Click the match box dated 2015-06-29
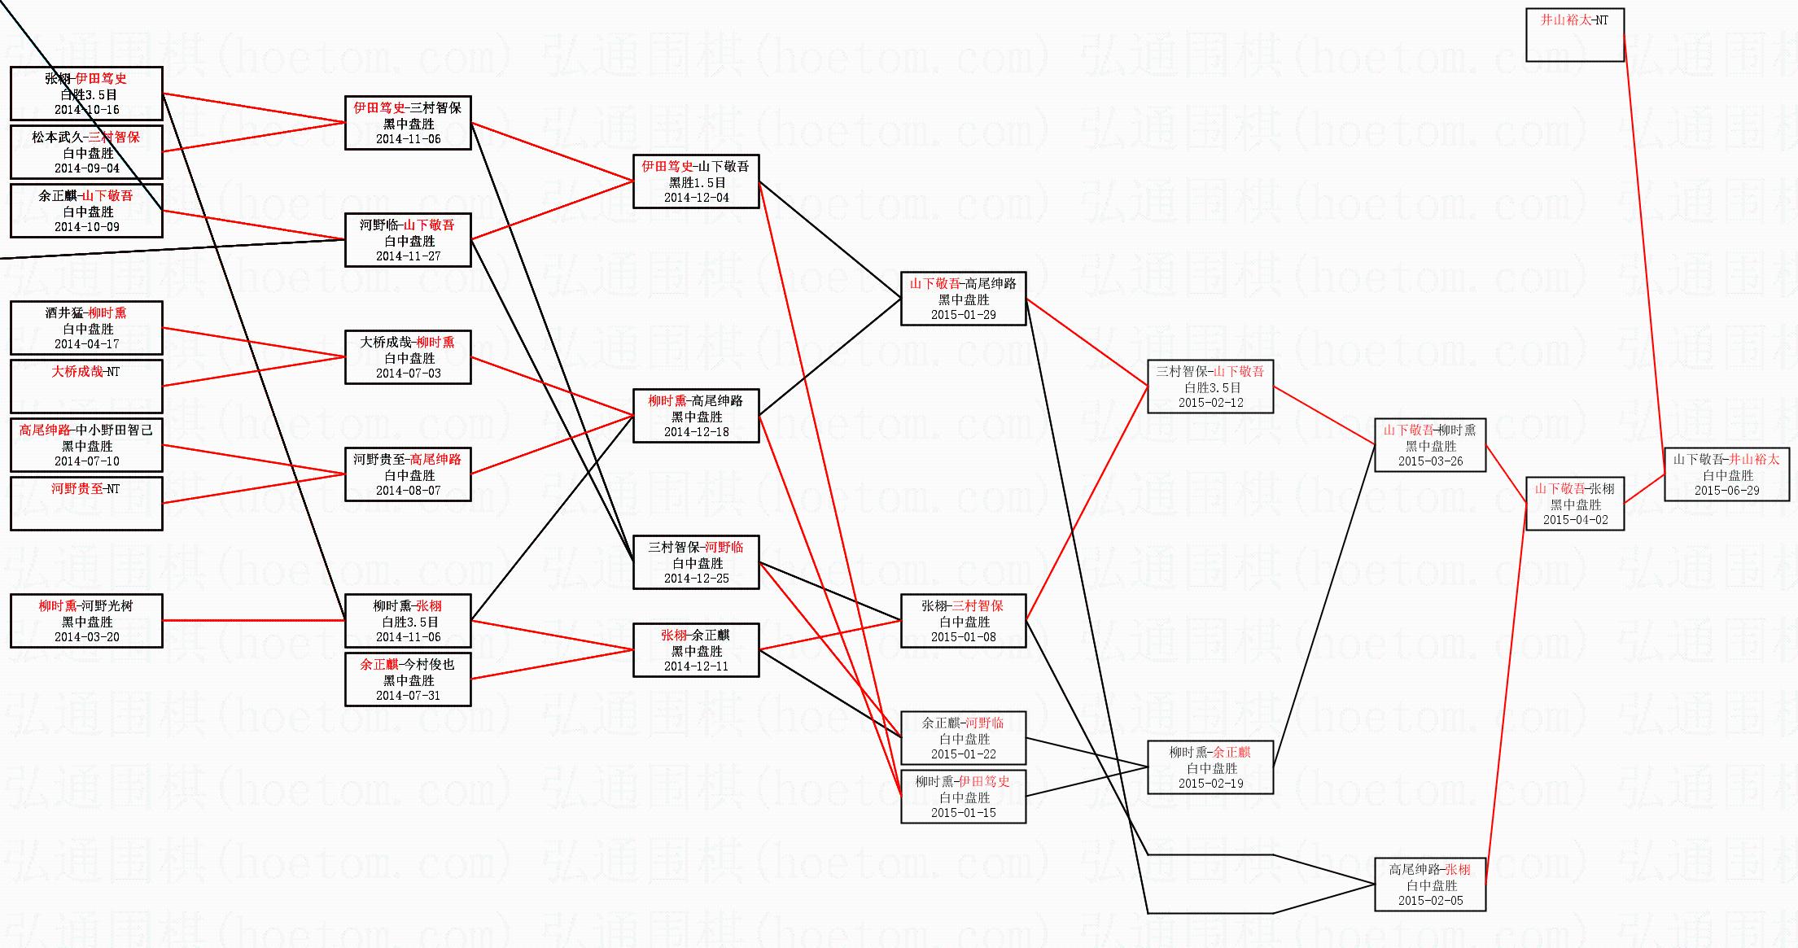[1726, 474]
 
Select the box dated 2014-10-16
[86, 94]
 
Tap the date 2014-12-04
[696, 198]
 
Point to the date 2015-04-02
[1575, 520]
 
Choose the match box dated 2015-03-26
[1430, 445]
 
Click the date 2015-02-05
[1430, 901]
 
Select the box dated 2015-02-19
[1210, 767]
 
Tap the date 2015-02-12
[1210, 403]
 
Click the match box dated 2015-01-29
[963, 299]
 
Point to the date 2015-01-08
[963, 637]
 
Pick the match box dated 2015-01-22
[963, 738]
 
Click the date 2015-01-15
[963, 813]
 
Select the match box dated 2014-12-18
[696, 416]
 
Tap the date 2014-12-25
[696, 579]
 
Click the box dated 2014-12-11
[696, 650]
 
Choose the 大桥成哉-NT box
[86, 386]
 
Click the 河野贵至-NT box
[86, 503]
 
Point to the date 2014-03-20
[86, 637]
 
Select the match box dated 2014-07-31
[408, 679]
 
